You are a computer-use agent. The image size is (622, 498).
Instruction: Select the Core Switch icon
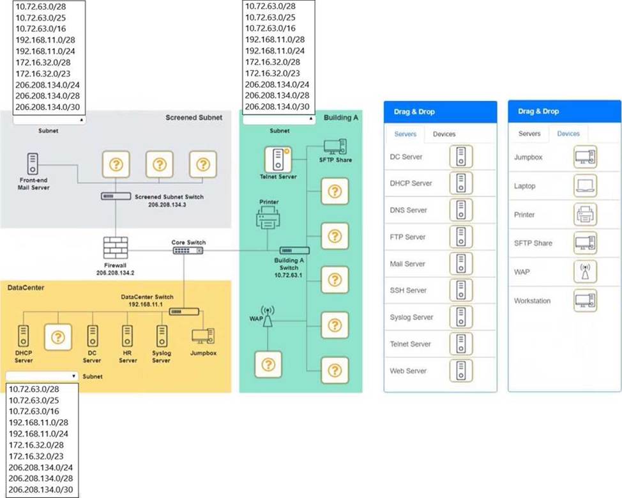(x=185, y=251)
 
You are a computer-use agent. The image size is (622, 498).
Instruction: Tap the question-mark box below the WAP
(x=268, y=364)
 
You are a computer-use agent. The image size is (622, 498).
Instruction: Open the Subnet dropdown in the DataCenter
(x=42, y=376)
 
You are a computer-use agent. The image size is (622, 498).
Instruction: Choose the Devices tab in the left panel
(x=444, y=134)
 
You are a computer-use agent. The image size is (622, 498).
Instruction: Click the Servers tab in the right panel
(x=529, y=134)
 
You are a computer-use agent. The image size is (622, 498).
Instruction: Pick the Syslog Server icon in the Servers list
(x=461, y=317)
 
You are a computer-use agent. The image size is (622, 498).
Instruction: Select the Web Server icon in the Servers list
(x=461, y=371)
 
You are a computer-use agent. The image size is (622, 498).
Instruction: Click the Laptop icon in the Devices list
(x=585, y=186)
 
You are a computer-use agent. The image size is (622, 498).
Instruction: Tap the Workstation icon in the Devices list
(x=585, y=300)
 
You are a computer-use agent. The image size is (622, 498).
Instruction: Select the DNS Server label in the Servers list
(x=409, y=210)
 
